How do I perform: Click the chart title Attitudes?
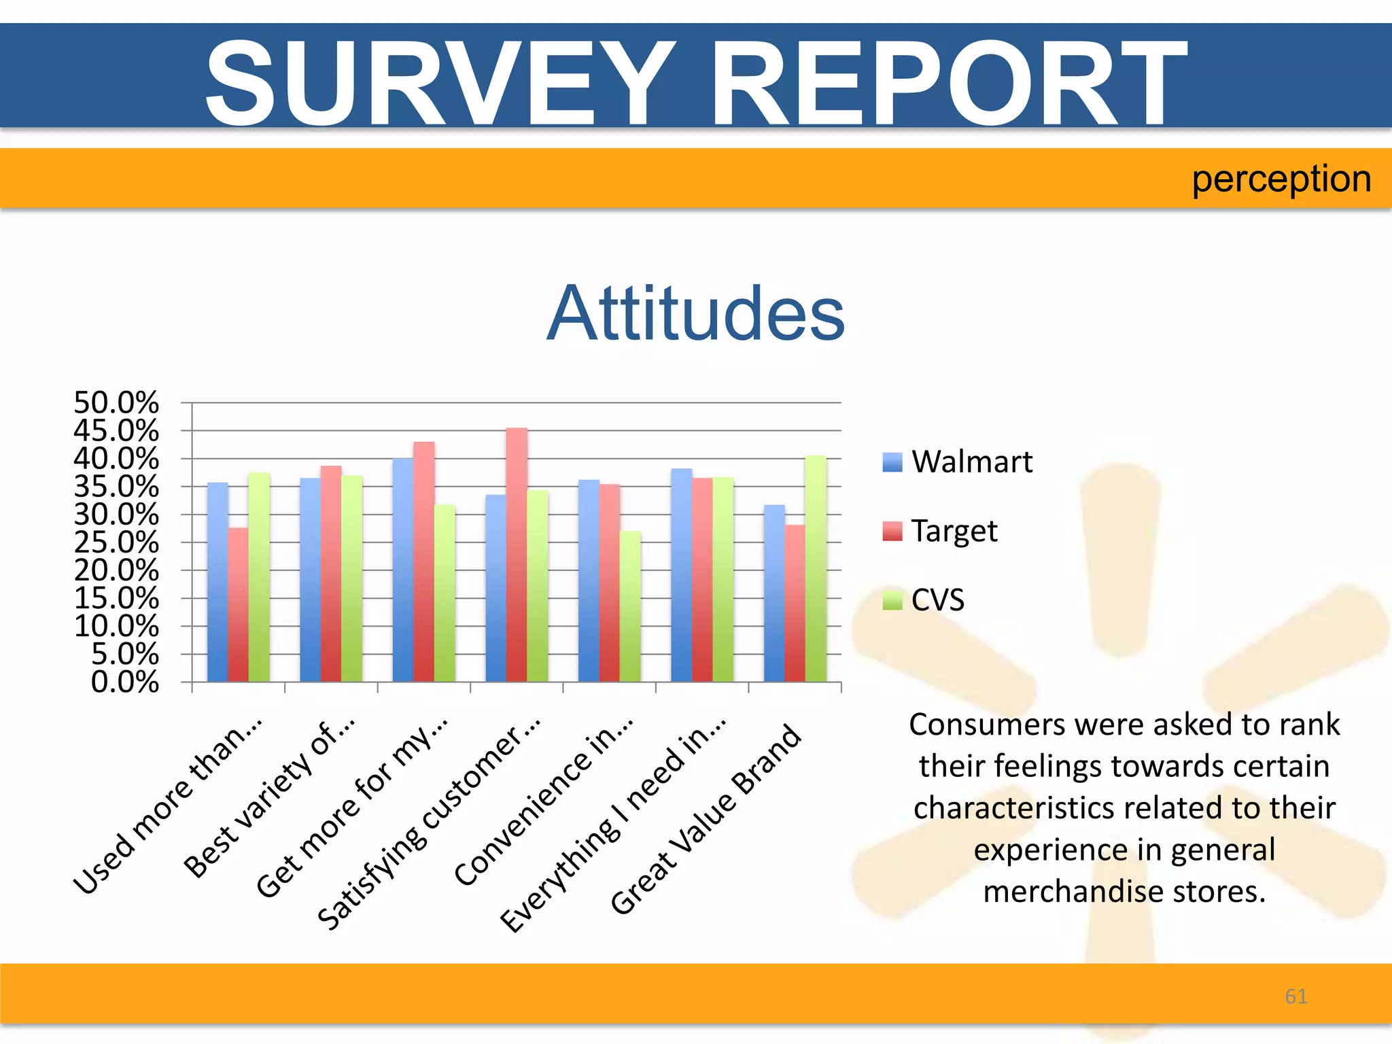point(695,314)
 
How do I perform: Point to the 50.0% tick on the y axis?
point(116,403)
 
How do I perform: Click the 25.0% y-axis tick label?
point(116,542)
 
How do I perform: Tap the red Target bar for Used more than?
point(238,604)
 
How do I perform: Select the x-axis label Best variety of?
point(269,798)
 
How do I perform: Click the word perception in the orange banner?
point(1281,179)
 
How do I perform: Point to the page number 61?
point(1295,996)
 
